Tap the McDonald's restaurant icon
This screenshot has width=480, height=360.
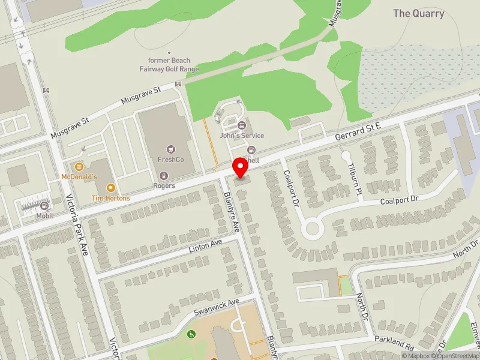click(77, 166)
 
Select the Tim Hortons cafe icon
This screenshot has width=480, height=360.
click(110, 187)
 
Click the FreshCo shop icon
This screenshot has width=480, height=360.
click(170, 149)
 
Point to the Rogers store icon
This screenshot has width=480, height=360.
click(163, 175)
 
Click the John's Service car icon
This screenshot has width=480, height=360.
click(241, 125)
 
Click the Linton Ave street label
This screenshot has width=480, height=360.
click(205, 245)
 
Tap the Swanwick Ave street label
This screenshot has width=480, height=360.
click(216, 307)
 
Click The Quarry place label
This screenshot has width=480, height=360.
click(418, 13)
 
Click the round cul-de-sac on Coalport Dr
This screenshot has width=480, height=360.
click(312, 229)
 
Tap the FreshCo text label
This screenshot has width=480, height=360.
click(170, 160)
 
